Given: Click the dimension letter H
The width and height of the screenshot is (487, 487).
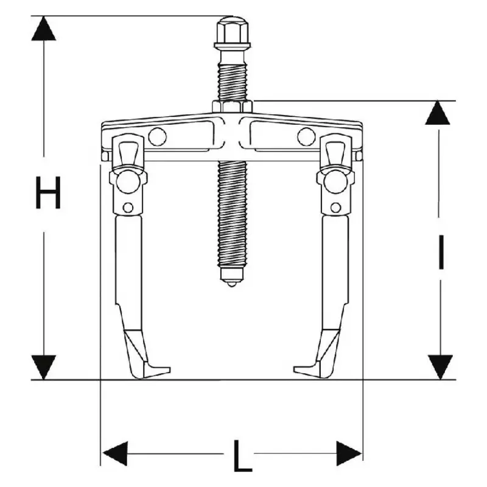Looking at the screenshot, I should (47, 192).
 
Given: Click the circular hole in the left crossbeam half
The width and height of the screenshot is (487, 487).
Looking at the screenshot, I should (156, 137).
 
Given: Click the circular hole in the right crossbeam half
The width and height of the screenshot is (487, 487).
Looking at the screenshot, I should (306, 137).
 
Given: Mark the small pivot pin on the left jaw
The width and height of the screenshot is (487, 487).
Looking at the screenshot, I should (128, 207).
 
